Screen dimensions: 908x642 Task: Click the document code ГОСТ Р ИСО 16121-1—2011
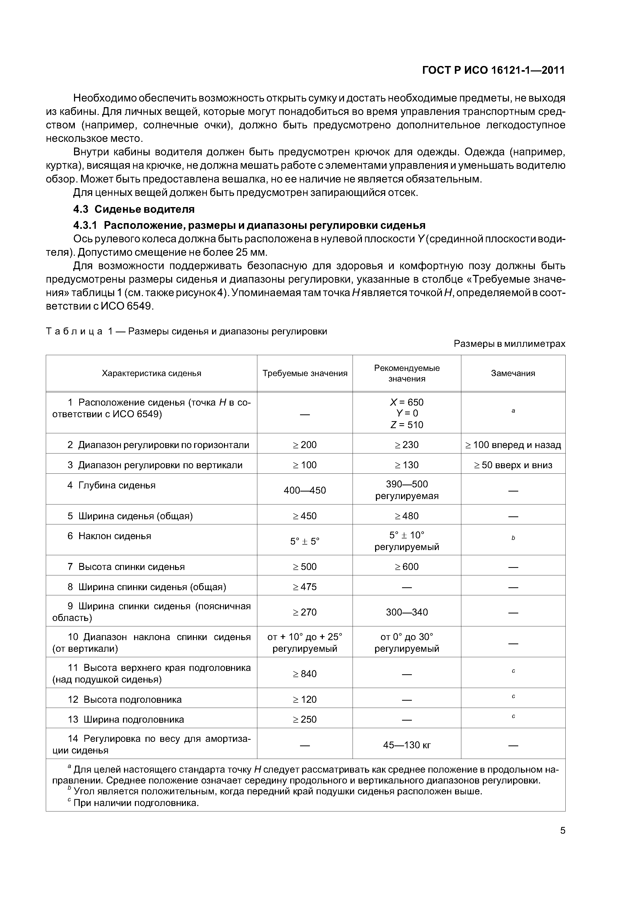[x=493, y=70]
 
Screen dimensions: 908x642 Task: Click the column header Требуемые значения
[x=305, y=373]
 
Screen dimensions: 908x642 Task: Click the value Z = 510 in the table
[x=407, y=425]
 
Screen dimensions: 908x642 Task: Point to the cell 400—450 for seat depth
[x=305, y=490]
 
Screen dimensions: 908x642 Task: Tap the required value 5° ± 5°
[x=305, y=541]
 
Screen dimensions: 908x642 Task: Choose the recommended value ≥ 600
[x=407, y=567]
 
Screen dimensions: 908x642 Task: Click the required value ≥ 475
[x=305, y=587]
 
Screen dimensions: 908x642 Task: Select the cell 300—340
[x=407, y=612]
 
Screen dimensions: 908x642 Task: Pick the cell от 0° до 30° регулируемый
[x=407, y=643]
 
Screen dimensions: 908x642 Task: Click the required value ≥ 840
[x=305, y=673]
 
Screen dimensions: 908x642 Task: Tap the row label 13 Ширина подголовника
[x=126, y=719]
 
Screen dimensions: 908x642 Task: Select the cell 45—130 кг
[x=407, y=745]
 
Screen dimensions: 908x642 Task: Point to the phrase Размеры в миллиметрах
[x=509, y=344]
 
